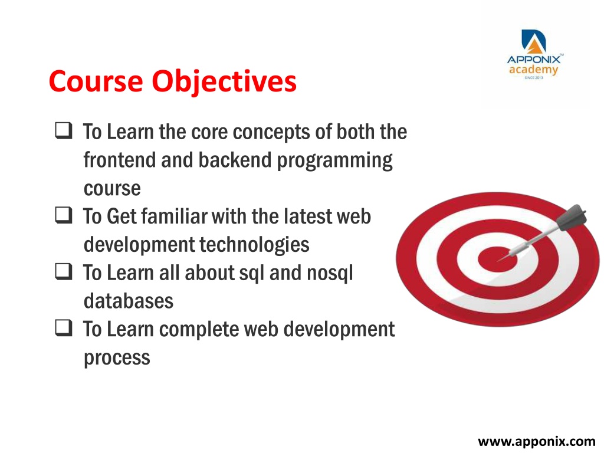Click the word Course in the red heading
pyautogui.click(x=96, y=81)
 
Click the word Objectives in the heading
pyautogui.click(x=224, y=82)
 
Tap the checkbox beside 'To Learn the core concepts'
pyautogui.click(x=64, y=130)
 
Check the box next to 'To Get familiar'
pyautogui.click(x=64, y=215)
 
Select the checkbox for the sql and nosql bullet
pyautogui.click(x=64, y=271)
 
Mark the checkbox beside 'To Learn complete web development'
pyautogui.click(x=64, y=328)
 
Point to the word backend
pyautogui.click(x=235, y=159)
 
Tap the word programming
pyautogui.click(x=335, y=161)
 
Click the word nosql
pyautogui.click(x=330, y=273)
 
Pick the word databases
pyautogui.click(x=129, y=301)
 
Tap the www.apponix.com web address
pyautogui.click(x=537, y=441)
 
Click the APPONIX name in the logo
pyautogui.click(x=534, y=60)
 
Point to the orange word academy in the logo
pyautogui.click(x=533, y=70)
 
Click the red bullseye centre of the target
pyautogui.click(x=497, y=258)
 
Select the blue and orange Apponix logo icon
pyautogui.click(x=533, y=42)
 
